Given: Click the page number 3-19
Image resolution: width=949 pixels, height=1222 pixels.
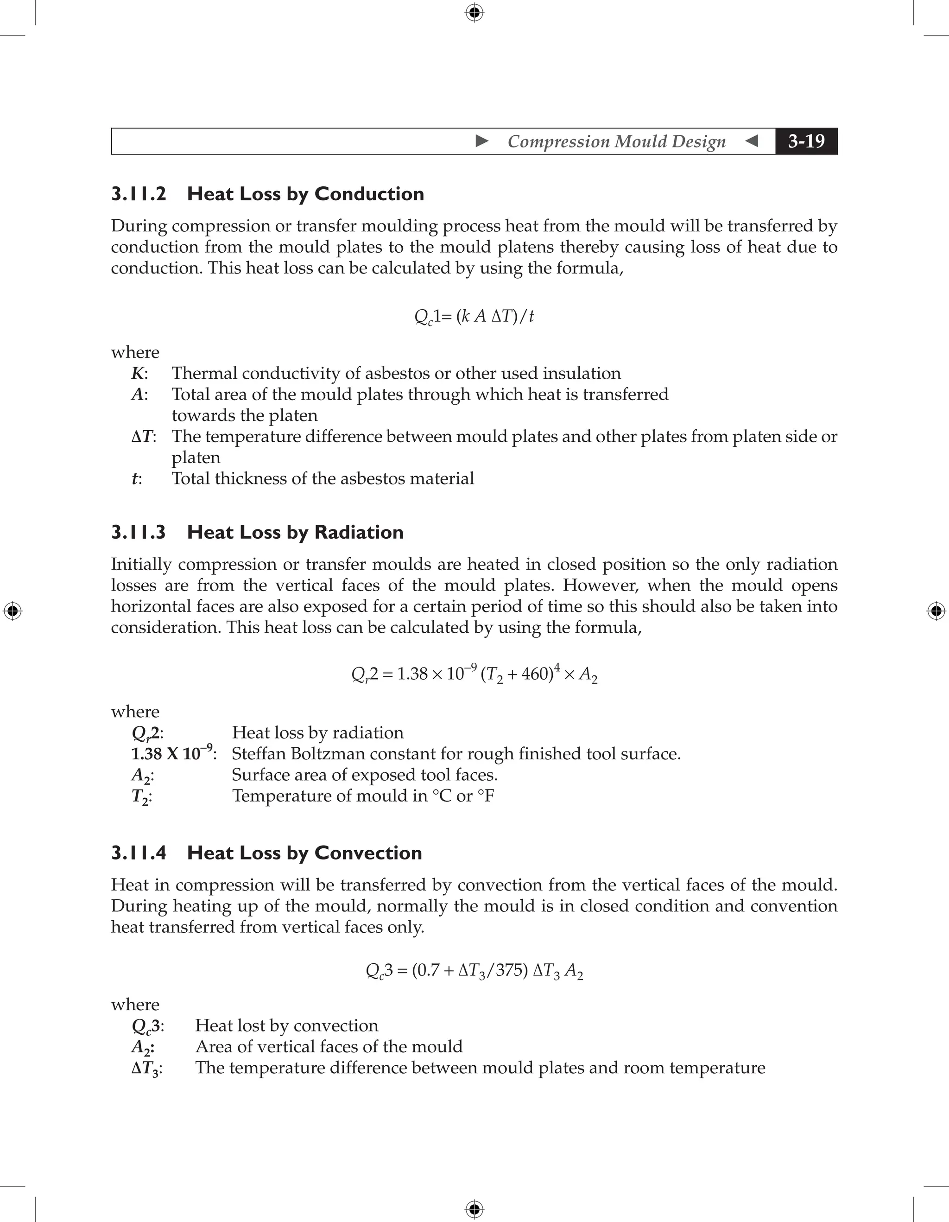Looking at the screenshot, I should pos(806,141).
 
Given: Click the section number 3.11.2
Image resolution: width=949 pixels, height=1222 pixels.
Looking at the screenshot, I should pos(139,194).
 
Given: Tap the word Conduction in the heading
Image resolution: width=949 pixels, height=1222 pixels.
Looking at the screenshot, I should pos(369,194).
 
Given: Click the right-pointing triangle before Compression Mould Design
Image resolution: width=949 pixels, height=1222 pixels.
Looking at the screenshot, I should pos(482,141).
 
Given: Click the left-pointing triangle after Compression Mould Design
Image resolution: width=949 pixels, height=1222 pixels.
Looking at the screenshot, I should pos(752,141).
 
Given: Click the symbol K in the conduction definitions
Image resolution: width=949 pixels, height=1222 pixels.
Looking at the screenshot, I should pos(138,373).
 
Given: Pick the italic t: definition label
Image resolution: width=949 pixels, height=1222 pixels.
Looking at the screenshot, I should pos(136,479).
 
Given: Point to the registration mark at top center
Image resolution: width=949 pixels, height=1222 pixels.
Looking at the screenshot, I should pos(474,13).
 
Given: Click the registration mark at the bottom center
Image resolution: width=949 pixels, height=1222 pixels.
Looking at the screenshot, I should pos(474,1209).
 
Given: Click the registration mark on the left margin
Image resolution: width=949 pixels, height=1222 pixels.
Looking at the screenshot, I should pos(13,611).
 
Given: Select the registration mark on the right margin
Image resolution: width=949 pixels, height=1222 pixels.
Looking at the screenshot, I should pos(936,611).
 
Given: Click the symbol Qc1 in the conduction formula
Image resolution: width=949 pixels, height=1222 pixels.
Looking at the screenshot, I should pos(426,317).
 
